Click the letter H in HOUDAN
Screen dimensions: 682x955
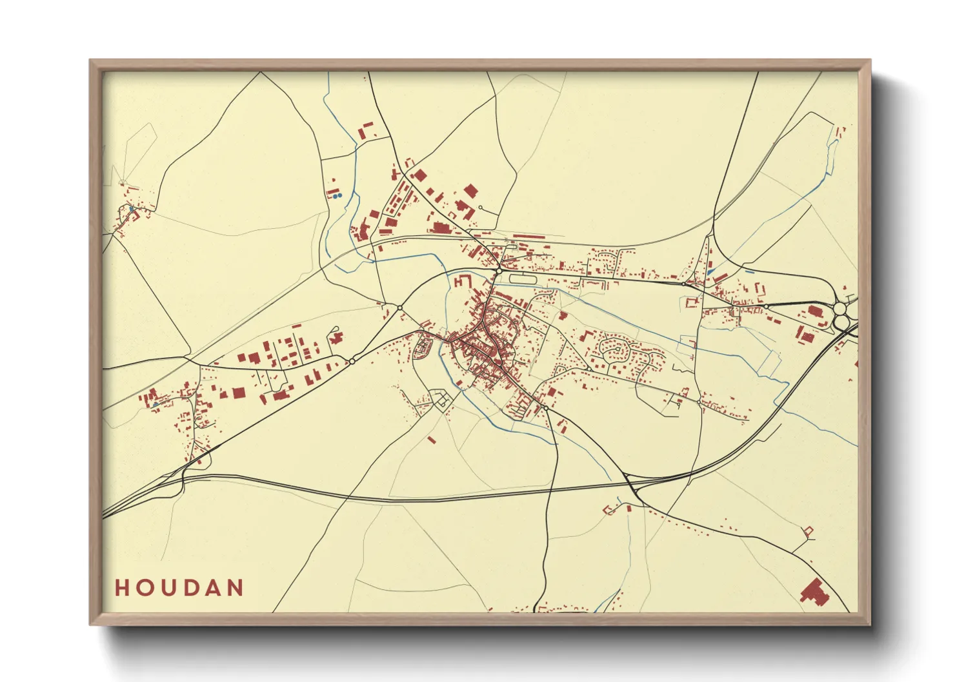click(122, 588)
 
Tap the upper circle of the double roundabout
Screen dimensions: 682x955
click(840, 309)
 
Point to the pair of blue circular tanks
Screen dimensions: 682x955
click(337, 195)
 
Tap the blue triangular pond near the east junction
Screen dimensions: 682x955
click(710, 271)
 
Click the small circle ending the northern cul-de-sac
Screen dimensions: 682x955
click(480, 208)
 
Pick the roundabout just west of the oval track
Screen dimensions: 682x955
click(498, 271)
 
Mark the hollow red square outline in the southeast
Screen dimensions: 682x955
click(807, 531)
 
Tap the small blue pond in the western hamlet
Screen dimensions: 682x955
click(132, 209)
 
